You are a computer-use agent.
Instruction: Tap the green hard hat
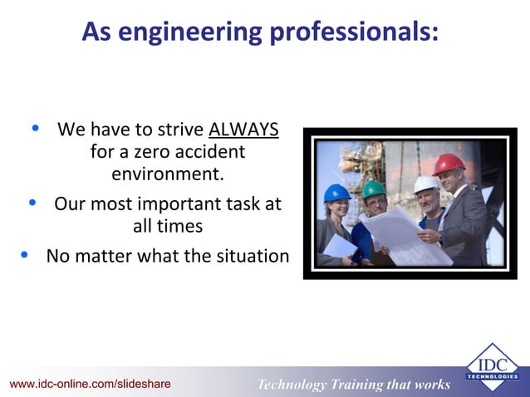point(374,189)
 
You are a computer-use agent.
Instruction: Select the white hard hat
point(426,184)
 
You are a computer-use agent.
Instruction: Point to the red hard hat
point(449,163)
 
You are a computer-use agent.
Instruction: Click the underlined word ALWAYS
point(243,131)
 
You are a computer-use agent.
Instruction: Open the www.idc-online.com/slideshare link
point(91,384)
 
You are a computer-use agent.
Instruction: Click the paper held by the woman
point(341,247)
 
